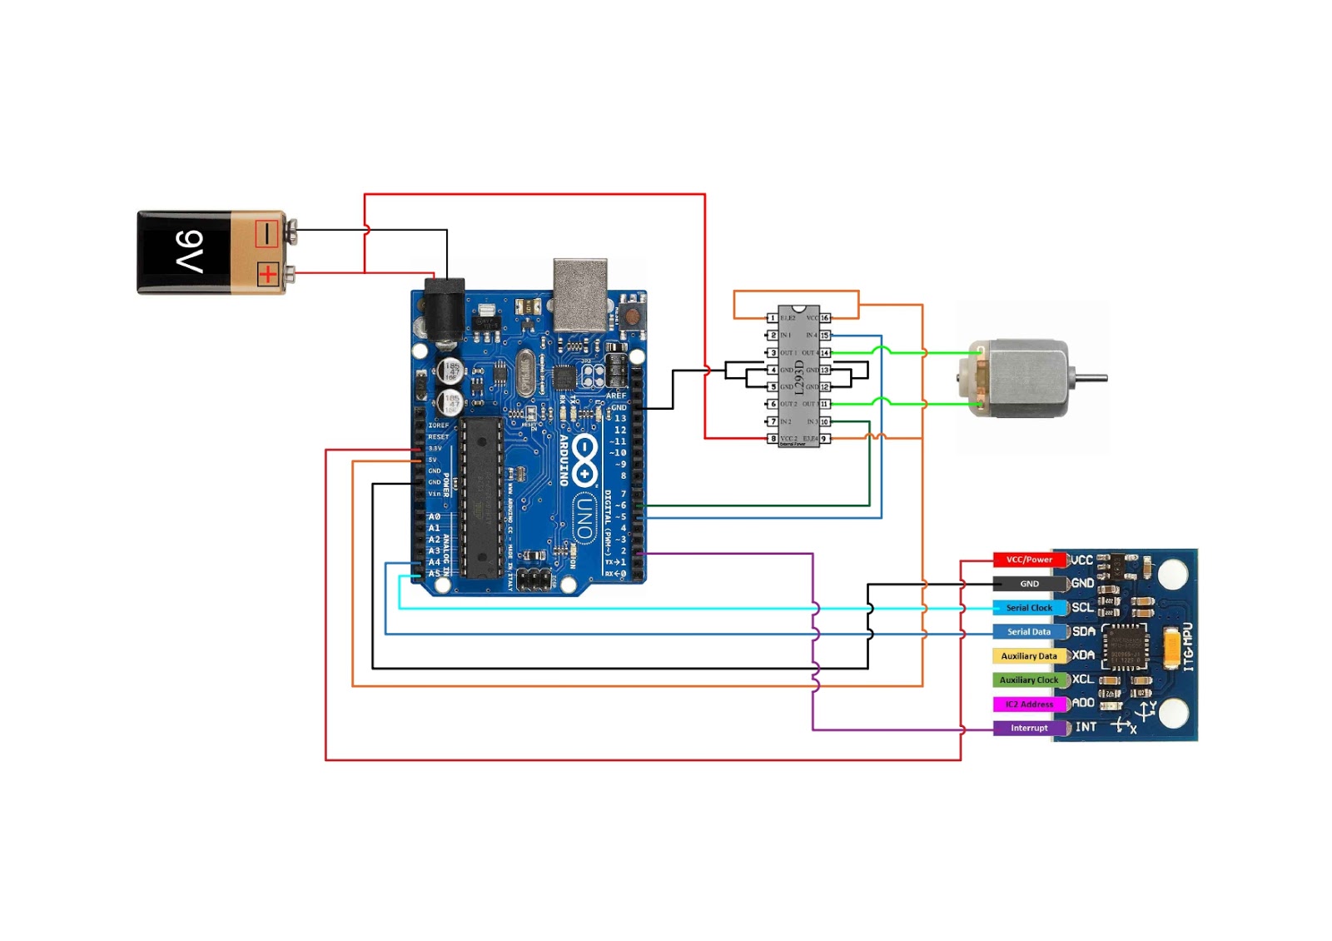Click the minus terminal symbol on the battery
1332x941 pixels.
(266, 234)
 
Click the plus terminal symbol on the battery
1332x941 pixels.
(267, 274)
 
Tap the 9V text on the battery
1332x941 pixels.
(190, 251)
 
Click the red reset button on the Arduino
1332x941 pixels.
(632, 316)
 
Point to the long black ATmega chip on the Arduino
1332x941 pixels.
(482, 497)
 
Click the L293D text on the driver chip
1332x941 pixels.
(799, 377)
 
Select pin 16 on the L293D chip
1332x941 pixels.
(825, 318)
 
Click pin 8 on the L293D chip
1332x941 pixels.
(773, 439)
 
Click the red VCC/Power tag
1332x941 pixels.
(1029, 560)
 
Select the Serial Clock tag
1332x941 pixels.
(1029, 608)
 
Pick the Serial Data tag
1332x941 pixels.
(1029, 632)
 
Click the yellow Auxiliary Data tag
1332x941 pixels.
(1029, 656)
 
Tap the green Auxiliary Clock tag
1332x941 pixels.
(1029, 680)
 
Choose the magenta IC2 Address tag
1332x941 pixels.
(1029, 705)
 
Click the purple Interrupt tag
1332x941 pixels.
(1029, 729)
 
